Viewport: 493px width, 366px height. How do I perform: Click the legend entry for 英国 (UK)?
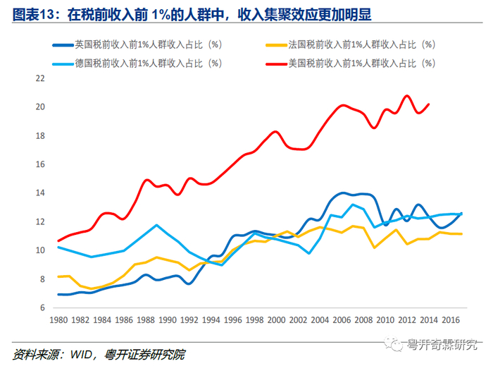(137, 44)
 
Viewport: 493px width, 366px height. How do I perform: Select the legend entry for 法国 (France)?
(351, 44)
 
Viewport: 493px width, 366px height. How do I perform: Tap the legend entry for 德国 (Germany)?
(137, 63)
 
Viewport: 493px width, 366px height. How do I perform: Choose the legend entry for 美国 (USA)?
(351, 63)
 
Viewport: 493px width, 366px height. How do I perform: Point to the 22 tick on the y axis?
(40, 78)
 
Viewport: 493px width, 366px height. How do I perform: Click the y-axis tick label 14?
(40, 193)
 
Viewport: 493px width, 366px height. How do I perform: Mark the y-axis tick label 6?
(42, 307)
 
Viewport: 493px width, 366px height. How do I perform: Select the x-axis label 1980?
(58, 320)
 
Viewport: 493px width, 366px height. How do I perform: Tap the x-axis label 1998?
(255, 320)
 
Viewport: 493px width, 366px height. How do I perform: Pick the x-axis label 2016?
(451, 320)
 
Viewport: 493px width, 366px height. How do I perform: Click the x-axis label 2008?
(364, 320)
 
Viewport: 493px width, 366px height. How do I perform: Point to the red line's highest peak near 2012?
(407, 95)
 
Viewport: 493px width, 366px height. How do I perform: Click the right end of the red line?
(429, 104)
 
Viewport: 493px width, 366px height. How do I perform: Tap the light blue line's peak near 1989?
(156, 225)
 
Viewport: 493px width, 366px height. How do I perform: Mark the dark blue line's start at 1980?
(58, 295)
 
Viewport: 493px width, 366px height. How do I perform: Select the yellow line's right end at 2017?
(461, 234)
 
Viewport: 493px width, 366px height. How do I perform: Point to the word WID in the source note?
(81, 355)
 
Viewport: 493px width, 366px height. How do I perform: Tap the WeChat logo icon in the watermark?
(393, 343)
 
